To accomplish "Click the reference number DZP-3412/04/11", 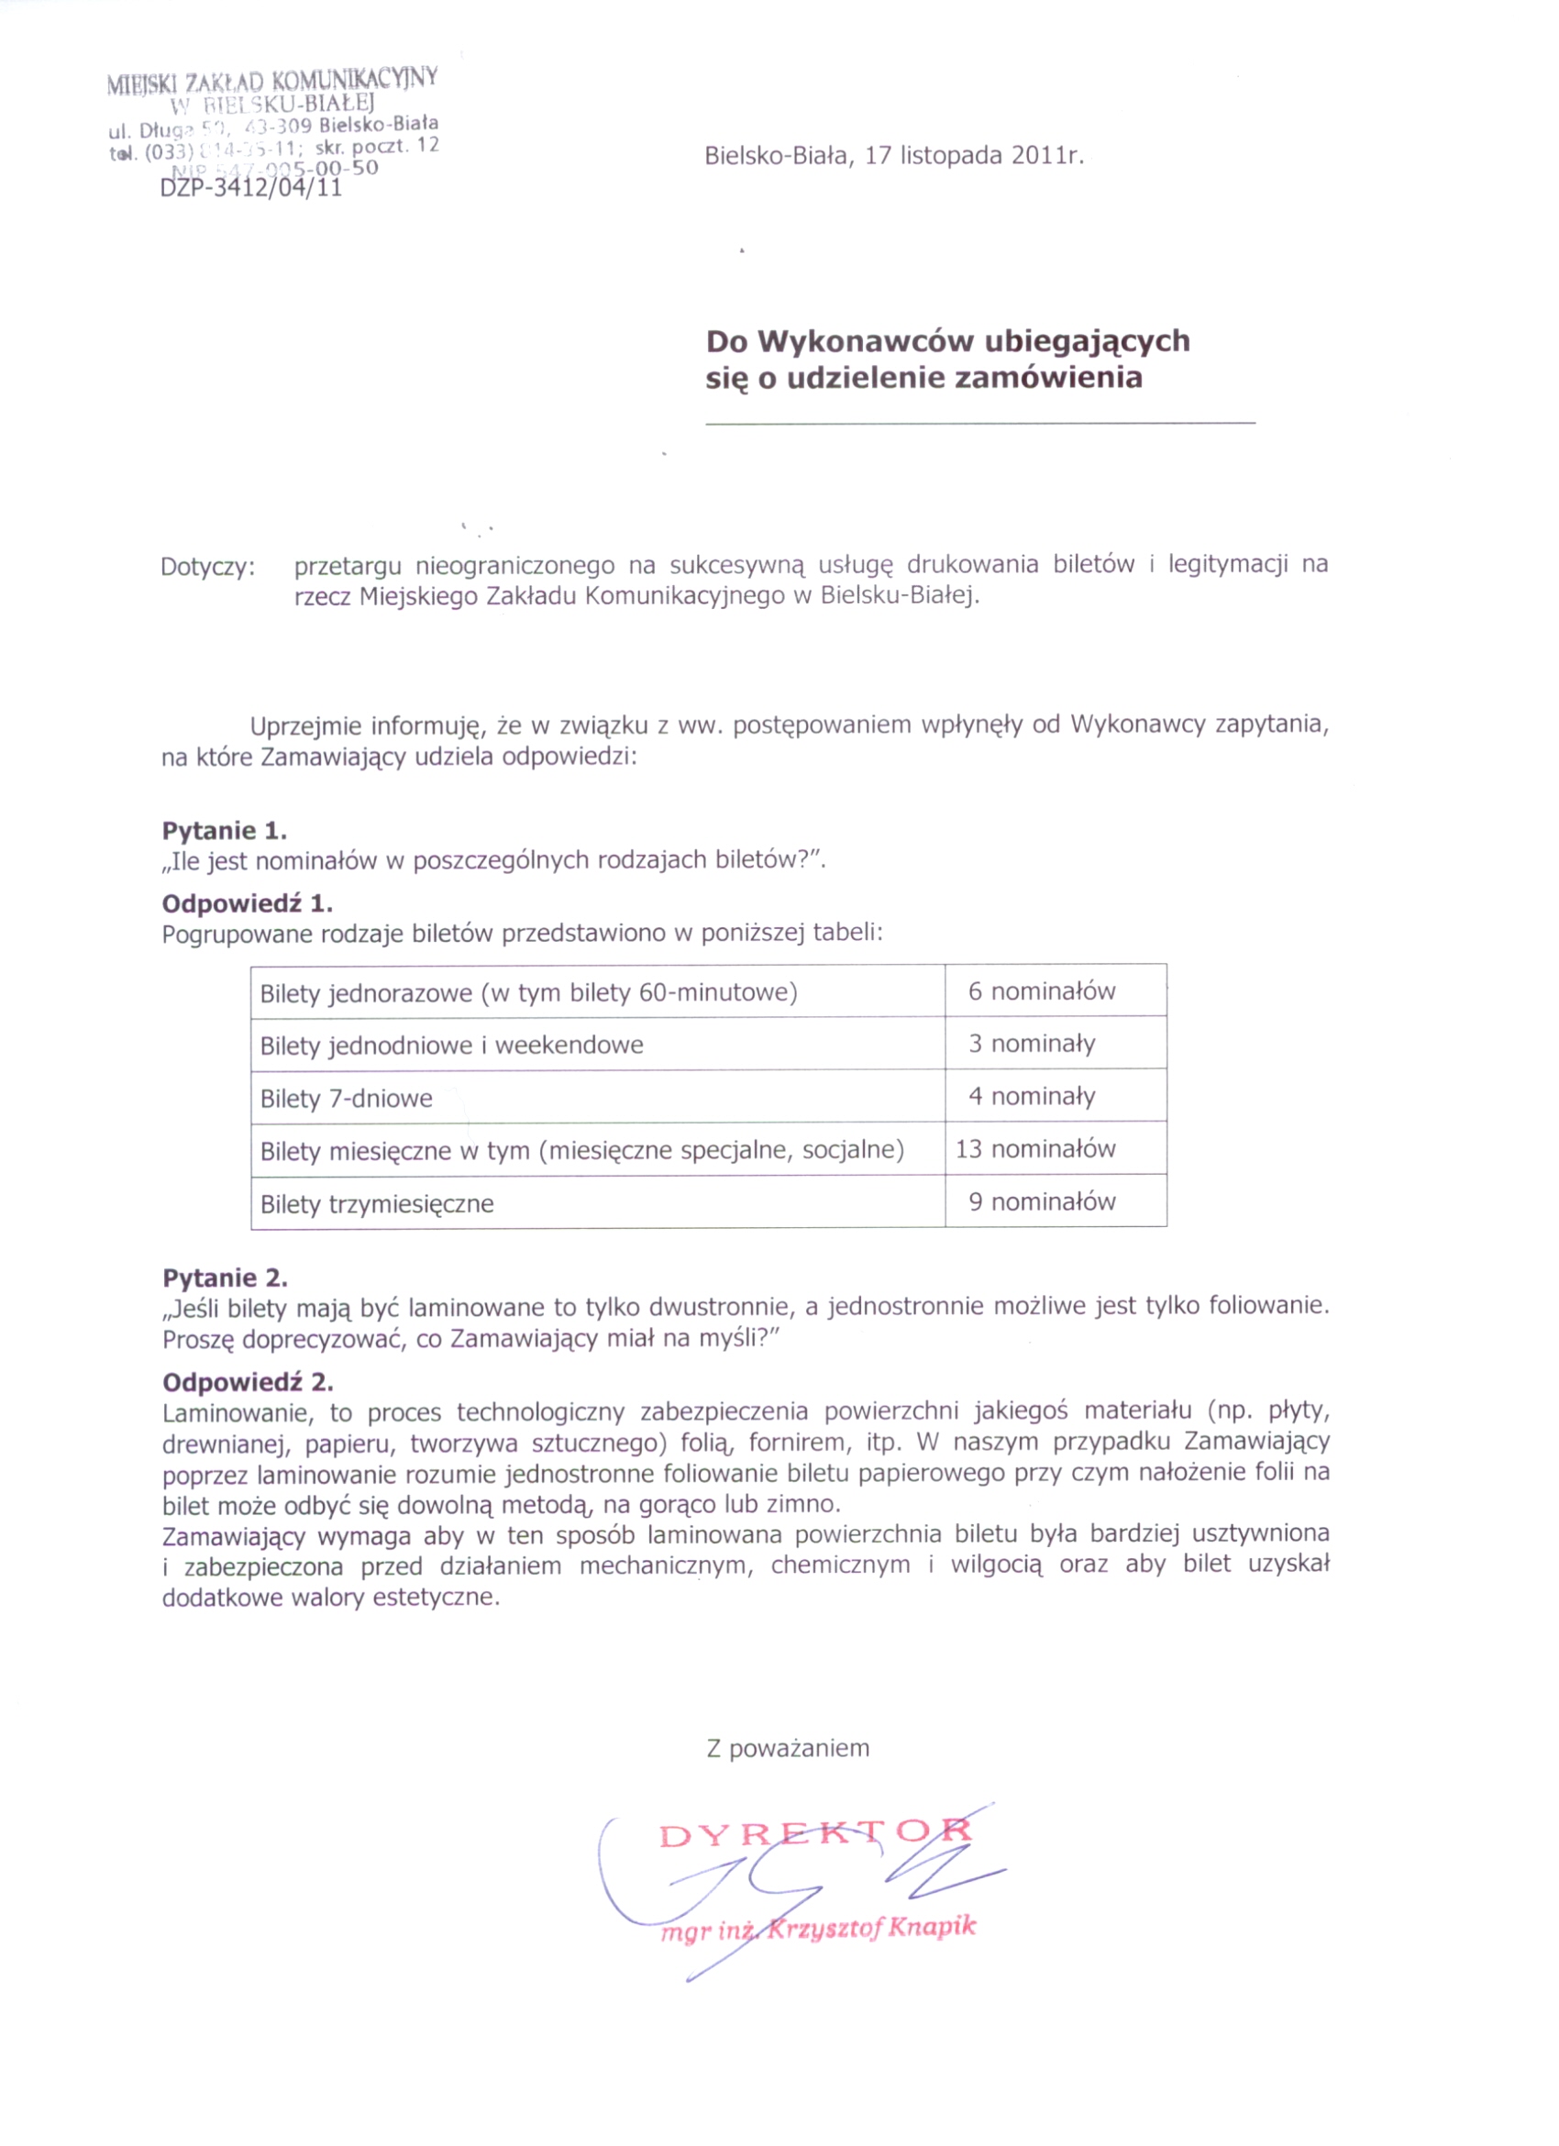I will click(250, 187).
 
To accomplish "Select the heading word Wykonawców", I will click(868, 340).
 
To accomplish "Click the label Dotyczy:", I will click(208, 568).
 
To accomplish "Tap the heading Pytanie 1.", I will click(224, 831).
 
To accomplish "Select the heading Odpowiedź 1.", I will click(247, 902).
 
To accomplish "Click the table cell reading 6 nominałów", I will click(1042, 991).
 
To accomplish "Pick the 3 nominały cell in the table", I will click(1031, 1044).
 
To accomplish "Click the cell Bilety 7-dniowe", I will click(347, 1099).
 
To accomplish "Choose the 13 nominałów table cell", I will click(1035, 1150).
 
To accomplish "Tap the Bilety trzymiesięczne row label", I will click(377, 1203).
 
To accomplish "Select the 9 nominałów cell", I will click(1042, 1201).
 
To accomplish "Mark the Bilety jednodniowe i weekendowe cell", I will click(451, 1045).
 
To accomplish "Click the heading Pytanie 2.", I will click(224, 1278).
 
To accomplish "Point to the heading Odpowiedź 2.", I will click(247, 1382).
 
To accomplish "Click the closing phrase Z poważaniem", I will click(787, 1749).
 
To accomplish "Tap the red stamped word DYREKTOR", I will click(814, 1835).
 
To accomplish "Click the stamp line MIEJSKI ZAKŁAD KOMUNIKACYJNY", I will click(271, 81).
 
